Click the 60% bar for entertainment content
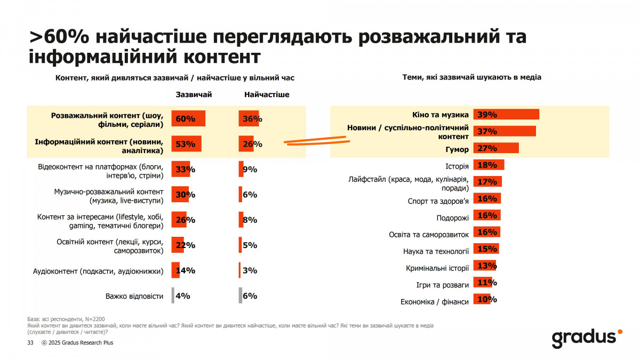point(188,118)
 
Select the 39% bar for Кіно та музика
point(506,115)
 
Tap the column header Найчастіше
point(267,94)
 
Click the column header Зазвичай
point(194,94)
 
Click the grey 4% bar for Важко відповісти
point(173,296)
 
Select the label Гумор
point(457,149)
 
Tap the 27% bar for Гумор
point(496,148)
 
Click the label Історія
point(457,166)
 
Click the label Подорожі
point(452,218)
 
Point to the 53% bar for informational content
point(186,144)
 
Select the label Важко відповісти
point(134,296)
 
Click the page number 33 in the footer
point(30,343)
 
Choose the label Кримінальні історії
point(437,268)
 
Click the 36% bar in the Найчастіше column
point(249,118)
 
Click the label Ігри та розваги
point(442,285)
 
